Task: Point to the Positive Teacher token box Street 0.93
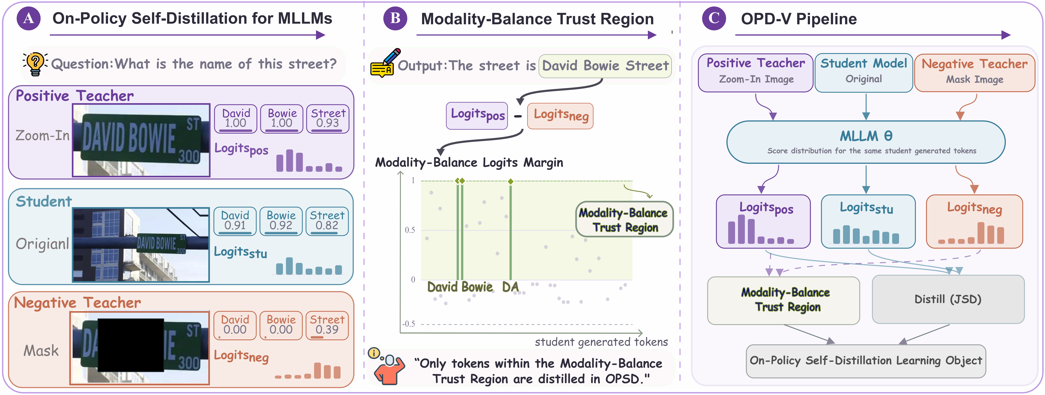tap(328, 119)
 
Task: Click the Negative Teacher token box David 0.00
tap(235, 325)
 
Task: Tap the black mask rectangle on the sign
tap(131, 345)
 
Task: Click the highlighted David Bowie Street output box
tap(605, 66)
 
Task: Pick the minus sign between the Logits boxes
tap(518, 116)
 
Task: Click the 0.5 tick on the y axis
tap(410, 230)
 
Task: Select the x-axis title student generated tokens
tap(601, 342)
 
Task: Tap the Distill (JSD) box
tap(948, 299)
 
